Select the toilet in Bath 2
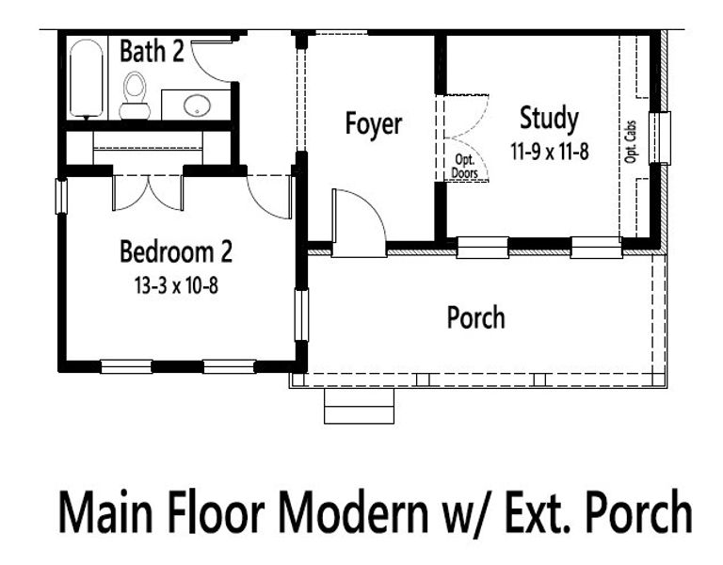(x=136, y=95)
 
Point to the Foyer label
(x=373, y=123)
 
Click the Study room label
(x=549, y=119)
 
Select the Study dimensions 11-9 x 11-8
(x=550, y=150)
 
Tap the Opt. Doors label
(x=463, y=167)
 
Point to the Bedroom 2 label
(x=176, y=251)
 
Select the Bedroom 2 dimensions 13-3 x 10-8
(x=176, y=284)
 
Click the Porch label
(x=475, y=317)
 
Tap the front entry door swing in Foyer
(x=358, y=223)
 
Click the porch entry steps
(x=359, y=406)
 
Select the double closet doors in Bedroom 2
(x=148, y=192)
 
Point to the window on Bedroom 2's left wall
(x=60, y=195)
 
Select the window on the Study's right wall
(x=664, y=138)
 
